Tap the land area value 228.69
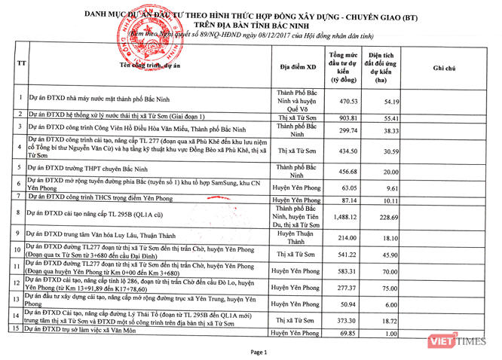coord(386,217)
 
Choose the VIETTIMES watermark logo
coord(472,345)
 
